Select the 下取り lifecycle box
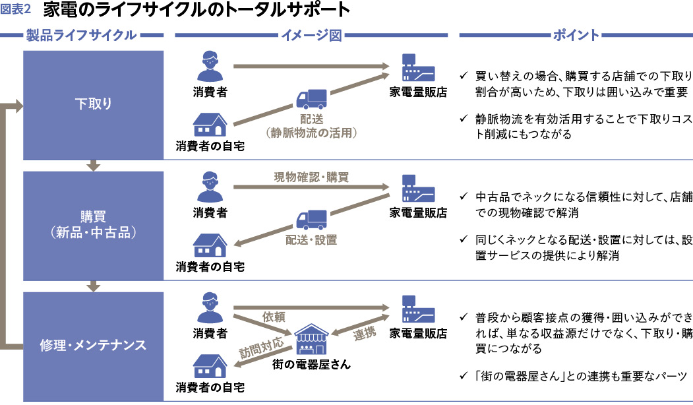click(93, 104)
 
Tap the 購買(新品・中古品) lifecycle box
click(93, 225)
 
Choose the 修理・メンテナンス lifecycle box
click(93, 345)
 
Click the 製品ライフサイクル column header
click(81, 36)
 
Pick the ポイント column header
click(576, 36)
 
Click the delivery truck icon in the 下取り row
click(311, 100)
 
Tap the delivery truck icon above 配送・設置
click(311, 220)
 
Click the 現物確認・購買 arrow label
click(311, 177)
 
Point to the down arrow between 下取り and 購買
click(93, 165)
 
